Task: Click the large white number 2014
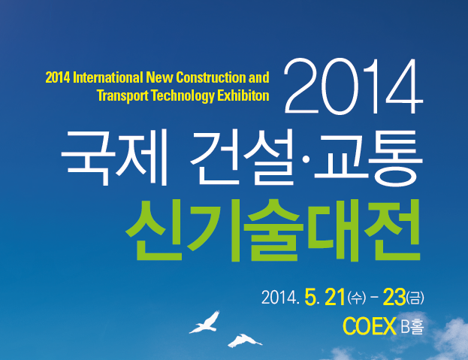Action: click(353, 86)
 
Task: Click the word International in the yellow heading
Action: click(108, 77)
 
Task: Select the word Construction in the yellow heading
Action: click(211, 77)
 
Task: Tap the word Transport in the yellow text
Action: click(122, 95)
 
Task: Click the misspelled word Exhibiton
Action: click(243, 95)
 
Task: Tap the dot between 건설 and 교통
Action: click(305, 159)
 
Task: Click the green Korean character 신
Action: click(155, 231)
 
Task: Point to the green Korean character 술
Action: click(274, 231)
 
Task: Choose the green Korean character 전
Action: click(392, 231)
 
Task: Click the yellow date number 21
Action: click(335, 298)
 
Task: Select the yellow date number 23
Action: click(394, 298)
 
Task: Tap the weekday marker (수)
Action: click(356, 298)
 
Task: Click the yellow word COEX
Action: click(370, 326)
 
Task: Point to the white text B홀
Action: click(412, 326)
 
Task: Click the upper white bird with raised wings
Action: click(205, 322)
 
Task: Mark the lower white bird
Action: click(245, 341)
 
